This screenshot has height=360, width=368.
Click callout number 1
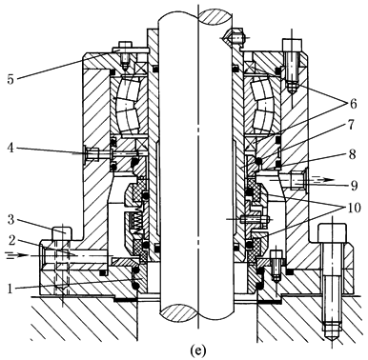10,289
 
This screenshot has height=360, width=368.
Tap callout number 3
10,220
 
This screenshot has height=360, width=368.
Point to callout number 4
10,148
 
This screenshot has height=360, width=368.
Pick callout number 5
10,79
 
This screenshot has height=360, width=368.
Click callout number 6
352,104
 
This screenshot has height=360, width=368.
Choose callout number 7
351,125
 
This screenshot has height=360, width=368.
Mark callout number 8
352,155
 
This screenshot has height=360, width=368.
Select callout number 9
354,185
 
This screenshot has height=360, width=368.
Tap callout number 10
354,208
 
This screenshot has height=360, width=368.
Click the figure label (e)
197,350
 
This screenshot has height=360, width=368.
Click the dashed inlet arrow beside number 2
16,255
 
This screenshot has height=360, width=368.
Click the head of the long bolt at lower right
332,233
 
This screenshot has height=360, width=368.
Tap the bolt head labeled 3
62,232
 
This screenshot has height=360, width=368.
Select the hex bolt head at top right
292,46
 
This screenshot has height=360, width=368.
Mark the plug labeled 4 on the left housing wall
92,154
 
